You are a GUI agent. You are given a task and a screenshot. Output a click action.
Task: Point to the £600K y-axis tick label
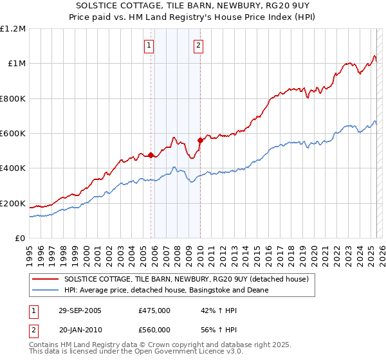[x=13, y=134]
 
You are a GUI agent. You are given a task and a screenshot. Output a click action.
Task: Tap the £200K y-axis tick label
[x=13, y=204]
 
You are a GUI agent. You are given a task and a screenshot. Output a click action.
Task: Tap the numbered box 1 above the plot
[x=149, y=45]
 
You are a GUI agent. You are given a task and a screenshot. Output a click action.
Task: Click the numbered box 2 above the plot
[x=198, y=45]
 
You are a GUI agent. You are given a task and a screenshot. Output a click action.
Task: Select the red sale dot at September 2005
[x=151, y=155]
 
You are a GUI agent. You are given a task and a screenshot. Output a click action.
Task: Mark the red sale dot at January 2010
[x=200, y=140]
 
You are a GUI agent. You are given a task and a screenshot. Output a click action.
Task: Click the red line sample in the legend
[x=46, y=279]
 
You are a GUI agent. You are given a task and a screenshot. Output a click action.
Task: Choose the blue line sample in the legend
[x=46, y=290]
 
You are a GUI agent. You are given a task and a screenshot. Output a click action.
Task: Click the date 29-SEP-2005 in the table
[x=81, y=310]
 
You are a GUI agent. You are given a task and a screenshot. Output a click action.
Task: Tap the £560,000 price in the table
[x=154, y=330]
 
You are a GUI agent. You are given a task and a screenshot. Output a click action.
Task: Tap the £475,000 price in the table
[x=154, y=310]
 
